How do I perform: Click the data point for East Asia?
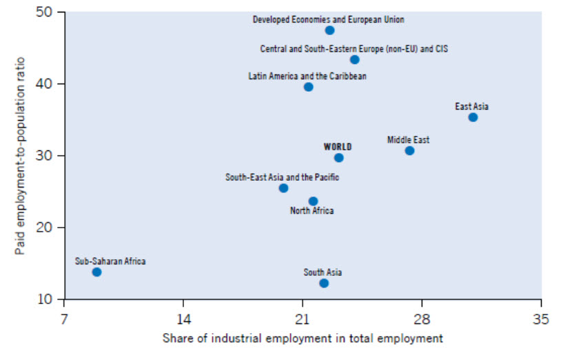[x=473, y=117]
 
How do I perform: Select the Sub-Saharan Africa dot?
[x=96, y=272]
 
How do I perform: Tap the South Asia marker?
[x=324, y=283]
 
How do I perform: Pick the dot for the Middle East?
[x=409, y=150]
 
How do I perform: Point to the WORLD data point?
[x=338, y=158]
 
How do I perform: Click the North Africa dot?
[x=313, y=201]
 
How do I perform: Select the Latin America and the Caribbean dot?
[x=308, y=87]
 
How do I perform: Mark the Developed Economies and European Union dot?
[x=329, y=30]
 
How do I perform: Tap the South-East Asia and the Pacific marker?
[x=283, y=188]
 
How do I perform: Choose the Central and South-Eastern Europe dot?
[x=354, y=59]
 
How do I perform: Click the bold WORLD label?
[x=338, y=147]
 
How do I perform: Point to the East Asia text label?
[x=471, y=107]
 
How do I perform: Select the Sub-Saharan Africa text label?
[x=110, y=261]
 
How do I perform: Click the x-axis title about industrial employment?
[x=303, y=338]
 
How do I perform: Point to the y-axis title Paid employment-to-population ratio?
[x=20, y=154]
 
